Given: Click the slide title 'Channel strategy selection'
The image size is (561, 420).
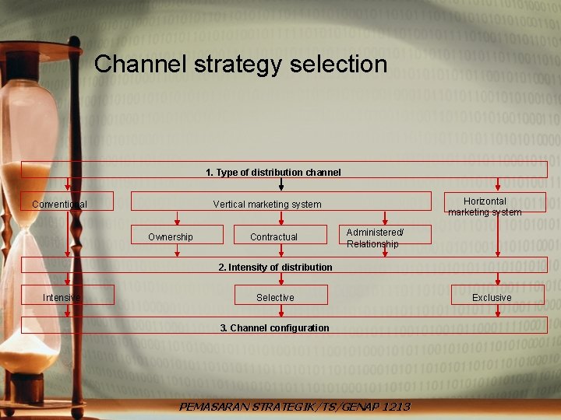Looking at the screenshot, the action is (241, 64).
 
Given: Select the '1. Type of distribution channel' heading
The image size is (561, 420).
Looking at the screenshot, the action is (273, 172).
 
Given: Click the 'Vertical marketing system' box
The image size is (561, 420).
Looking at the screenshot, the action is (267, 205).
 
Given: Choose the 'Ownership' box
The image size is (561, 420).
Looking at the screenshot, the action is (171, 236).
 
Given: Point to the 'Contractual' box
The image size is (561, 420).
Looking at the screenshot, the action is (273, 236).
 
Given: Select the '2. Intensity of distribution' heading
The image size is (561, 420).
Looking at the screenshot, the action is (275, 267).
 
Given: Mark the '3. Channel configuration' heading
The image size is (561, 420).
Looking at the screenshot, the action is (274, 327).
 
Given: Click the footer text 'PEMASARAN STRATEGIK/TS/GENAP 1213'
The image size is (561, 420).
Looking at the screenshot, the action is (295, 407).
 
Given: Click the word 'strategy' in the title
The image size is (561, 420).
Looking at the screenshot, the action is (238, 64).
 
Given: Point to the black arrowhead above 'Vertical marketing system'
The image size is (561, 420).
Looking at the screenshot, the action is (281, 187).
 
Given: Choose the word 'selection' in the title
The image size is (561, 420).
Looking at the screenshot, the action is (338, 64).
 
